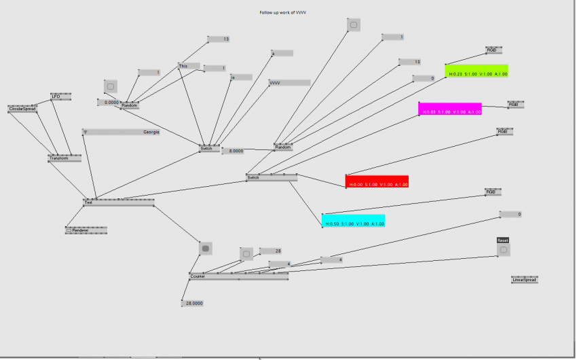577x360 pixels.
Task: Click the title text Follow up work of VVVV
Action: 287,13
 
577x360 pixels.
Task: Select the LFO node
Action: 61,97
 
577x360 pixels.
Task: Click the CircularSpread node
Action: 22,109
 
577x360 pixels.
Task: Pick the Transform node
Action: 64,158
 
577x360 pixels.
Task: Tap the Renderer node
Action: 86,230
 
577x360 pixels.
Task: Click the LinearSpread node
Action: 525,279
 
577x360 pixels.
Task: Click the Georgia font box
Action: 122,132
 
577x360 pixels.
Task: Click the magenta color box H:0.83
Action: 450,109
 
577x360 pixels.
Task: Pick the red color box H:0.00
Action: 377,181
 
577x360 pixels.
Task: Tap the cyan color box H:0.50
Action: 353,221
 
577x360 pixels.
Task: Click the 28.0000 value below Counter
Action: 193,304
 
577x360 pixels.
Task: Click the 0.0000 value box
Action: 109,103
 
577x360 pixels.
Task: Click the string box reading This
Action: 189,66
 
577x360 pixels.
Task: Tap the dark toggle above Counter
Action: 205,249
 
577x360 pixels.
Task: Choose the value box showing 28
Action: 270,251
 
